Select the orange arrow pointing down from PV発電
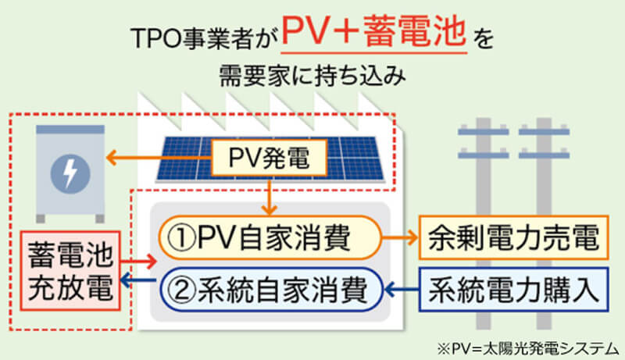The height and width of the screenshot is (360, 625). pos(269,198)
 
